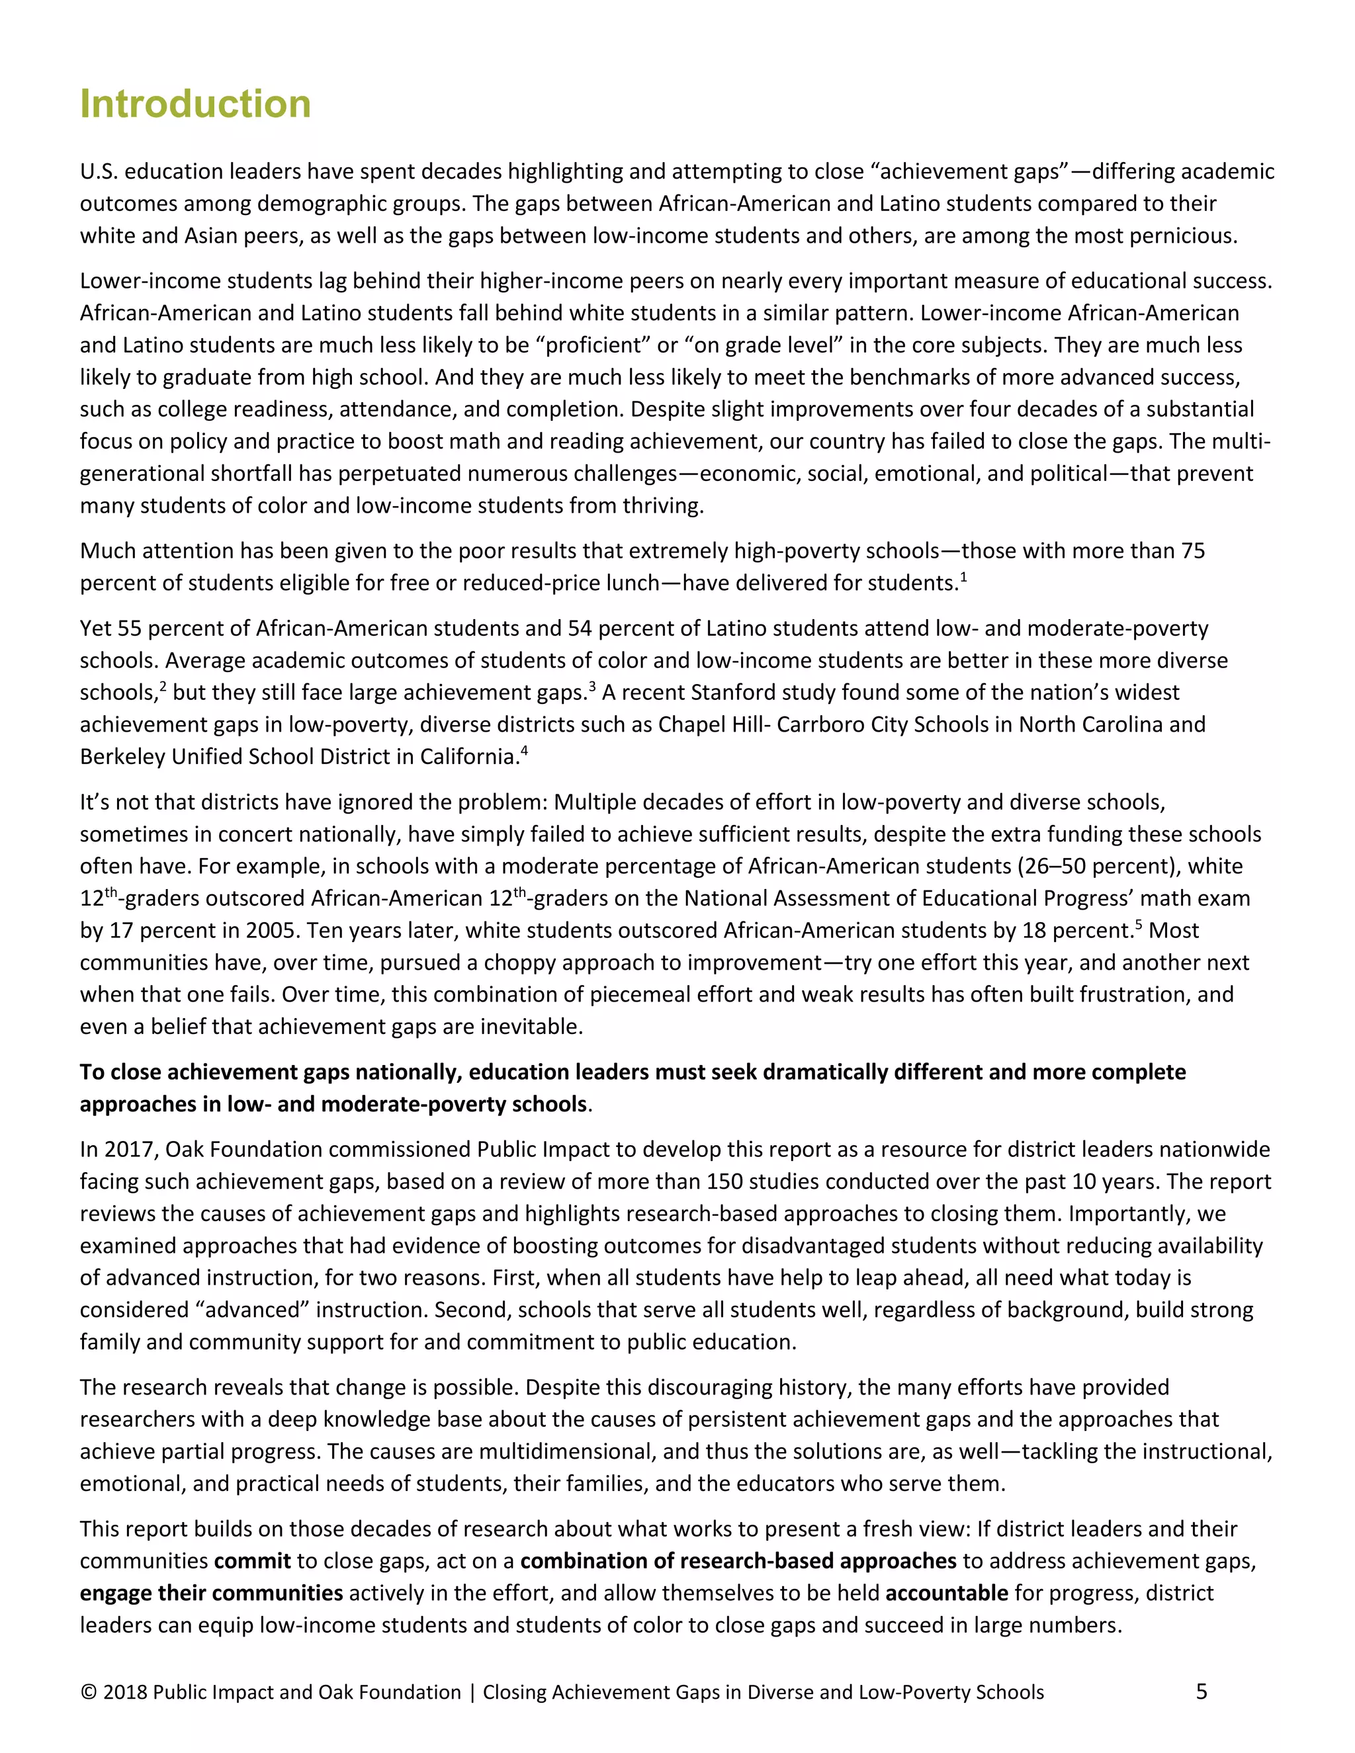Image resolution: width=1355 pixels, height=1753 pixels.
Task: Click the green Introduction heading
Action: tap(195, 105)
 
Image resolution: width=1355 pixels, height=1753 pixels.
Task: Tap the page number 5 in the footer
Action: tap(1201, 1691)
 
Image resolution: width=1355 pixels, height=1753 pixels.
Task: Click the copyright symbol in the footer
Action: tap(88, 1692)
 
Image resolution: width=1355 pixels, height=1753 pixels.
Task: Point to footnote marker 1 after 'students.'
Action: tap(963, 577)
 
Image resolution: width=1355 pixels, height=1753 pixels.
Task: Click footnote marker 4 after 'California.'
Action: tap(524, 751)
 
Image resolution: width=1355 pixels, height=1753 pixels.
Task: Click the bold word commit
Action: tap(252, 1561)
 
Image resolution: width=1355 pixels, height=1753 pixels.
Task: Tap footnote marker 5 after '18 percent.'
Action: tap(1137, 925)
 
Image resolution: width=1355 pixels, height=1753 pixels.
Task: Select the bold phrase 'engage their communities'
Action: tap(211, 1592)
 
